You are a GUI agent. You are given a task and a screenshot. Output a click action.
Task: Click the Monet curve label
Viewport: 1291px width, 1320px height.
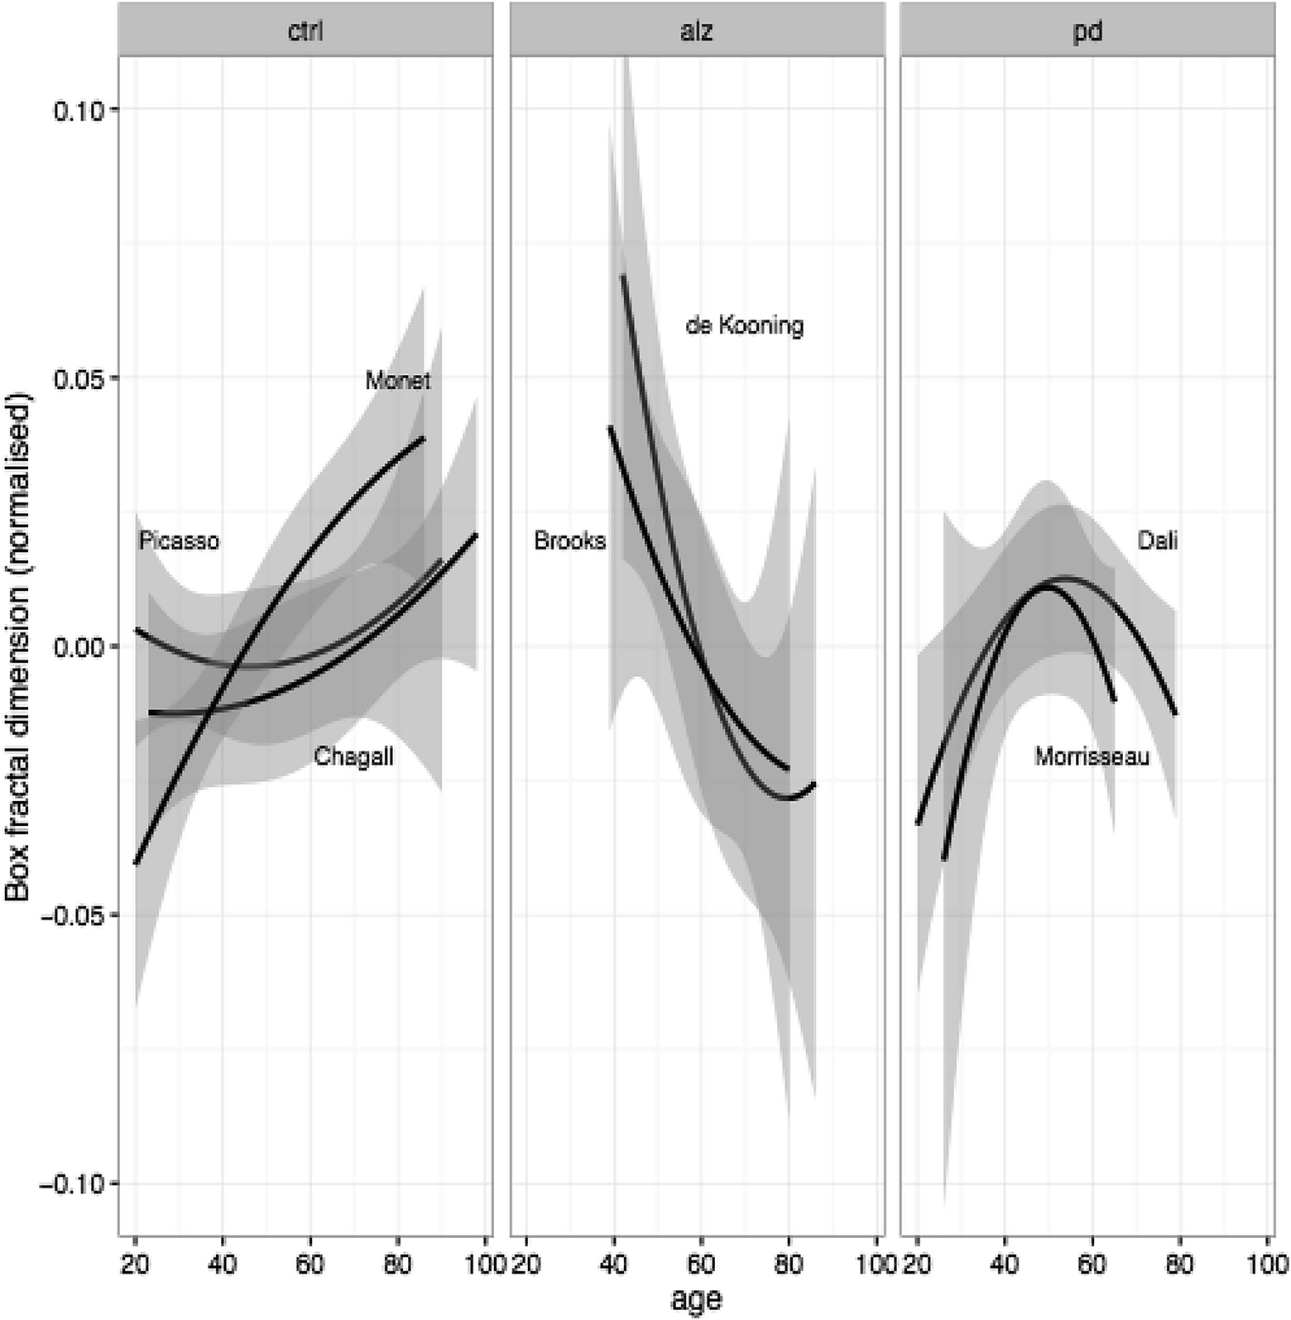[398, 381]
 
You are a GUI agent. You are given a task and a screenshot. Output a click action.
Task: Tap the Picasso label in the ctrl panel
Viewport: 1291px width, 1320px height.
[179, 541]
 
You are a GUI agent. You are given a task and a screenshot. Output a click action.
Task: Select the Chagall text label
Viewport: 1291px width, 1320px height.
[353, 756]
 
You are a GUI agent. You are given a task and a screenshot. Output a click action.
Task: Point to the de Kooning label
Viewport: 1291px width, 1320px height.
[744, 326]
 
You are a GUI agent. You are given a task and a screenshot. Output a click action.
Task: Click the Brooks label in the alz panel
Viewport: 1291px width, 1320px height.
[569, 541]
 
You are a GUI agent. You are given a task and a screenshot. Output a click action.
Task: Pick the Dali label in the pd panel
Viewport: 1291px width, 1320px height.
[1157, 541]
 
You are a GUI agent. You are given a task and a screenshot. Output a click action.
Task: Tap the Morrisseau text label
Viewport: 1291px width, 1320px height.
[1092, 756]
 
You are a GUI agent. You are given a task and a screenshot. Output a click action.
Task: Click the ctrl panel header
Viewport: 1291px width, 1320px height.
[305, 31]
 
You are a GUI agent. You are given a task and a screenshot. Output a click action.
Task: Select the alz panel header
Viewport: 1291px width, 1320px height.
[697, 31]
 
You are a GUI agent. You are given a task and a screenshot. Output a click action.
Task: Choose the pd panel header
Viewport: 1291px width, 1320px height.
[1087, 31]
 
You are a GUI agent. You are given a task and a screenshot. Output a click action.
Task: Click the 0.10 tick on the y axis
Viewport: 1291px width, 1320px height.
[75, 109]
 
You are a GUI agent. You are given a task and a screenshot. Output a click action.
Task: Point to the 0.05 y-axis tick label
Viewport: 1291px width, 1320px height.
[75, 378]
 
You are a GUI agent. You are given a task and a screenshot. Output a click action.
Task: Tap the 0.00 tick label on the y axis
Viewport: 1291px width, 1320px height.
[75, 646]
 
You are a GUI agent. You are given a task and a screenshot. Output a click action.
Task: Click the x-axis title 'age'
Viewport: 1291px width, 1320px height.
[696, 1299]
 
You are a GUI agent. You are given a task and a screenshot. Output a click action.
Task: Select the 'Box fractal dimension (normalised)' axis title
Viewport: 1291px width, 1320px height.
[18, 646]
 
